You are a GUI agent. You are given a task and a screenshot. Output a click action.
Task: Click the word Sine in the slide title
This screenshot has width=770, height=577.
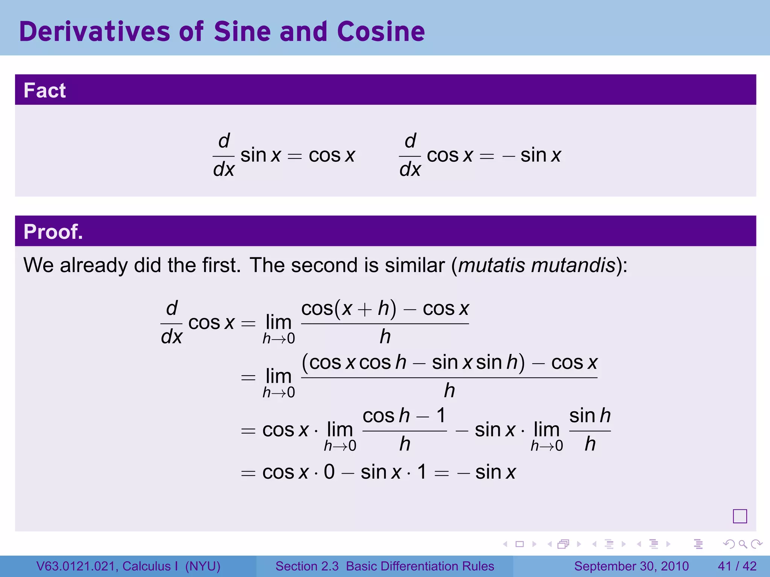(x=243, y=32)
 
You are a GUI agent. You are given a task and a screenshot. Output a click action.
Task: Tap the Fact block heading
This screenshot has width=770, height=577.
(x=45, y=91)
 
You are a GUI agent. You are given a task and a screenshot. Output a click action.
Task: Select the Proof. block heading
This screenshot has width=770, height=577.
(x=53, y=232)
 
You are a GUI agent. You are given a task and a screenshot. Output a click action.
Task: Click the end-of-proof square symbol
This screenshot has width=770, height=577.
(x=740, y=516)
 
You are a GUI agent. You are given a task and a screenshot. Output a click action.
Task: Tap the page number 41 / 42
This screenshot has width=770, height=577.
(x=737, y=566)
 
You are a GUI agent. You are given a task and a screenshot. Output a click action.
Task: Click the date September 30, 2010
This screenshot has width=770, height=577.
(x=631, y=566)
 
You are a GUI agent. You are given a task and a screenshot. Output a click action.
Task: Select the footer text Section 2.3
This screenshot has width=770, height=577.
(x=307, y=566)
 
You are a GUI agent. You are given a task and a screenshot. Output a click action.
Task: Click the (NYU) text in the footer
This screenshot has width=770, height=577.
(x=203, y=566)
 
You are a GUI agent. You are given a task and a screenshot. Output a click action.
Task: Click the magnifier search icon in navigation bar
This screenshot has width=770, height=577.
(x=743, y=544)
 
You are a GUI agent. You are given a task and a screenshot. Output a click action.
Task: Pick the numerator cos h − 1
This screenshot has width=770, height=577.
(x=404, y=416)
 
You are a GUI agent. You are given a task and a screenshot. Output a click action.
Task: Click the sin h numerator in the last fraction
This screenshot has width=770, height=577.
(x=590, y=416)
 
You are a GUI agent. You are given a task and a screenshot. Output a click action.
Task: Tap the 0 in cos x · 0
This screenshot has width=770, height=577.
(x=329, y=472)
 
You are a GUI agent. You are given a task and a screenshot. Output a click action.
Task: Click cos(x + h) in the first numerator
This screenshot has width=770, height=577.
(x=349, y=309)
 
